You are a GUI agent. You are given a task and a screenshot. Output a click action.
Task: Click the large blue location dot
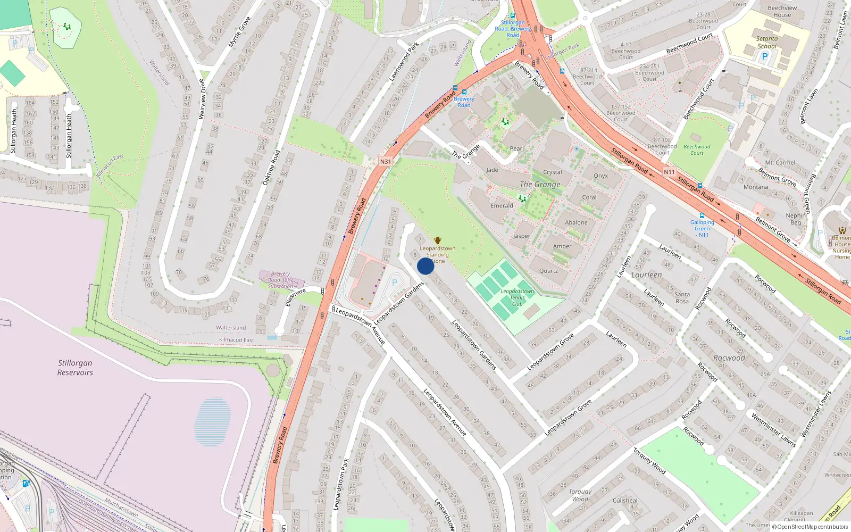tap(425, 266)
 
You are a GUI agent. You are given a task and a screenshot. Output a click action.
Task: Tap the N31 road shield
tap(386, 162)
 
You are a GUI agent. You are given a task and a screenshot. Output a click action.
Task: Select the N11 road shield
tap(669, 172)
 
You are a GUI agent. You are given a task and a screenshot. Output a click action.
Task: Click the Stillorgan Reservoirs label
tap(75, 368)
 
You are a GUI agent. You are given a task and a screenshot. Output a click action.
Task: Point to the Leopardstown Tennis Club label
tap(517, 297)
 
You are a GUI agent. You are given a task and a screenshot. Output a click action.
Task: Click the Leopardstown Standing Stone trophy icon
tap(438, 241)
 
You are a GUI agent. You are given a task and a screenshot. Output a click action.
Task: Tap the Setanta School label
tap(767, 42)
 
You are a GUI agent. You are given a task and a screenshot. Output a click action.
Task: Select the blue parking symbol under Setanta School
tap(765, 56)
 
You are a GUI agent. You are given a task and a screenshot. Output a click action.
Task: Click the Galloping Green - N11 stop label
tap(703, 228)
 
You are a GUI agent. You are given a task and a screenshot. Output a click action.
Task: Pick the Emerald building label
tap(502, 206)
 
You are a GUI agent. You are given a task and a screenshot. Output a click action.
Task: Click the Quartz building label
tap(548, 271)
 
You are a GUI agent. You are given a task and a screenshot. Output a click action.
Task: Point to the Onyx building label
tap(600, 176)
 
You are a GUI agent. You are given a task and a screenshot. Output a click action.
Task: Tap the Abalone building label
tap(576, 223)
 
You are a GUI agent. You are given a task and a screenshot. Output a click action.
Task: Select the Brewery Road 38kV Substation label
tap(280, 280)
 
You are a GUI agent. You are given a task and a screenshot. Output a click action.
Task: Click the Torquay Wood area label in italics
tap(580, 495)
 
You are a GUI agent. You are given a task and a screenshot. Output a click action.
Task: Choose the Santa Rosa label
tap(682, 298)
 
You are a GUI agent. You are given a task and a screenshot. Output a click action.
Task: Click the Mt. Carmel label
tap(780, 163)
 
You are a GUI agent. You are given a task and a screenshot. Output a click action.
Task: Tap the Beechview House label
tap(782, 11)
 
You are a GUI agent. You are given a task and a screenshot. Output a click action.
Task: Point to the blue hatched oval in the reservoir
tap(213, 422)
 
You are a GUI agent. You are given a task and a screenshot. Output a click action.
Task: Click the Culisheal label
tap(625, 501)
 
